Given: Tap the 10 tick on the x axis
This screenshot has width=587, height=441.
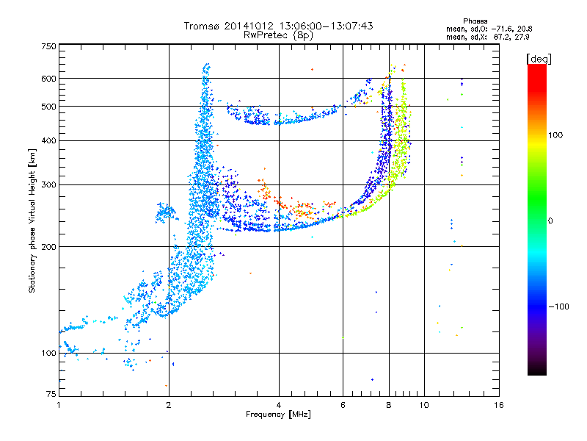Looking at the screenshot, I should click(423, 405).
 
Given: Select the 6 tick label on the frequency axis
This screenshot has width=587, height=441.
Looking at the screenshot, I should click(343, 405).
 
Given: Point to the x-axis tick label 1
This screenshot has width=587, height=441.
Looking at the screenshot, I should click(59, 405).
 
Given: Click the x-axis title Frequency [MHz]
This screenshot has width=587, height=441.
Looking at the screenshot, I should click(278, 415).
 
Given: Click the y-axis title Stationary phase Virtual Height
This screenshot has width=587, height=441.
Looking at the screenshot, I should click(32, 220).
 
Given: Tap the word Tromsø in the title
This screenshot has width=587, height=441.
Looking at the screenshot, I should click(208, 26).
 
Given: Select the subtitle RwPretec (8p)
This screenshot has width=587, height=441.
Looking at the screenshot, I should click(279, 35).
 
